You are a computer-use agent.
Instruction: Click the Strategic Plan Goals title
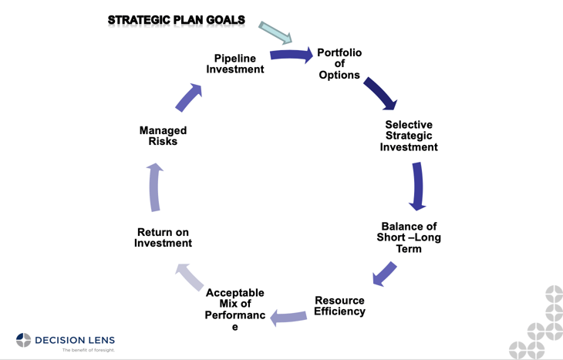click(x=176, y=20)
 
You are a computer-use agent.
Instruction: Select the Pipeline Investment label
click(x=235, y=64)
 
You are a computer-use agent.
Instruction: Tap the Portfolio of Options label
click(x=339, y=64)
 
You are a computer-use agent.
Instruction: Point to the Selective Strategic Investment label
click(x=409, y=136)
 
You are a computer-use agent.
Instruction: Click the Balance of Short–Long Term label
click(x=409, y=237)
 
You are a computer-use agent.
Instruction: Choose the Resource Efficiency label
click(x=339, y=306)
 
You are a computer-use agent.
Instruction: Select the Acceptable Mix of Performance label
click(x=235, y=309)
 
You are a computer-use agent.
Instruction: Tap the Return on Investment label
click(x=163, y=237)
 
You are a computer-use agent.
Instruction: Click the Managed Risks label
click(x=163, y=136)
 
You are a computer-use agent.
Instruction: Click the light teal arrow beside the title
click(x=275, y=32)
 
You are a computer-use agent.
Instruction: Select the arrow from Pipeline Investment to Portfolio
click(x=292, y=55)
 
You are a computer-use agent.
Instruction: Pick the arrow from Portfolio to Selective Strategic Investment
click(x=380, y=93)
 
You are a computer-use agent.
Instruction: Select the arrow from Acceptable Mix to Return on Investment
click(x=190, y=276)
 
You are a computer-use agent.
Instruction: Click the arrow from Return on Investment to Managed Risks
click(x=155, y=187)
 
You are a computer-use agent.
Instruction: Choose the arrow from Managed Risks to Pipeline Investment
click(x=188, y=98)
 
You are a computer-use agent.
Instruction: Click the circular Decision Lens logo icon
click(x=23, y=340)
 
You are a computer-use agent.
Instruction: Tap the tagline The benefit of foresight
click(x=88, y=350)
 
